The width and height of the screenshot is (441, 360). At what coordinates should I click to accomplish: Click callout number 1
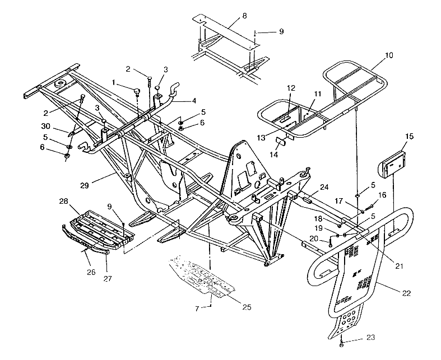115,82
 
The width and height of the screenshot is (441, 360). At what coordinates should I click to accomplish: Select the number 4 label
193,101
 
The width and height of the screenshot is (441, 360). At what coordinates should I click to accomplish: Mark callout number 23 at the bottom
355,337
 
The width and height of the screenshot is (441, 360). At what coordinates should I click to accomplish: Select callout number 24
324,186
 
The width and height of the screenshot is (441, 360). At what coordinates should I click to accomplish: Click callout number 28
64,200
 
